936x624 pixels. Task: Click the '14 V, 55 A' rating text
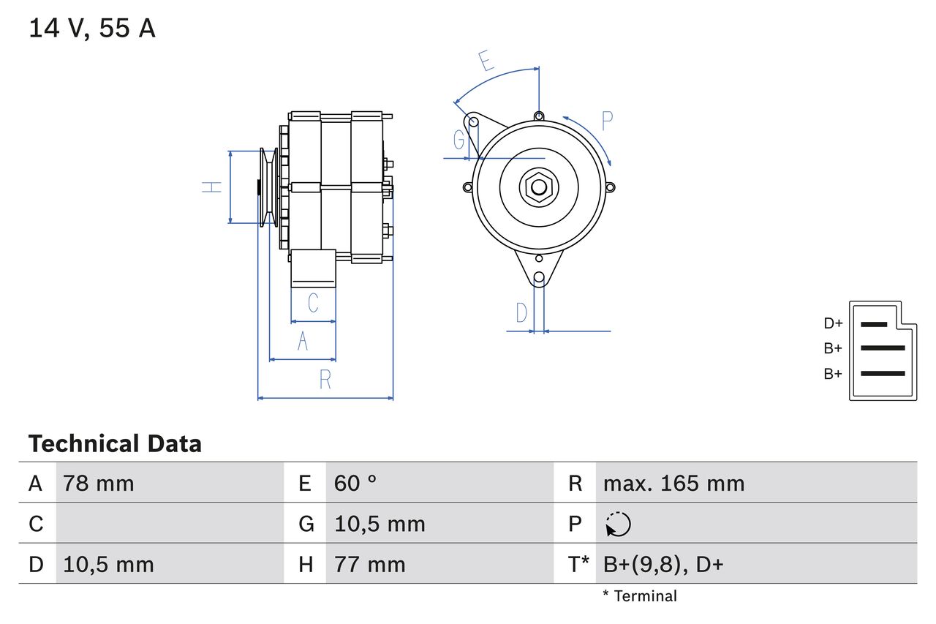[x=92, y=29]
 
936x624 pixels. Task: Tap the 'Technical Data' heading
[x=115, y=444]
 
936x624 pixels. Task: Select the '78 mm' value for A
[x=99, y=484]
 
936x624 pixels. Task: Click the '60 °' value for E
[x=355, y=484]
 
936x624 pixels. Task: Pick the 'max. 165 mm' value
[x=673, y=484]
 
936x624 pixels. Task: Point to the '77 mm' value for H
[x=369, y=565]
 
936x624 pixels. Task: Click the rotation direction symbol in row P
[x=618, y=525]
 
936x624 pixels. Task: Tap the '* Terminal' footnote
[x=640, y=596]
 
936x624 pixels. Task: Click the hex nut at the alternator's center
[x=539, y=187]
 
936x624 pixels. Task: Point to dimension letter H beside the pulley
[x=212, y=187]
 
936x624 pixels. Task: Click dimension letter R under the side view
[x=325, y=380]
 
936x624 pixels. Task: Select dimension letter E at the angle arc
[x=486, y=61]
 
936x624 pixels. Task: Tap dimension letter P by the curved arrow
[x=607, y=120]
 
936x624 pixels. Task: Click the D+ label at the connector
[x=833, y=323]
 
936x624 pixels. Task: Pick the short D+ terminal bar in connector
[x=874, y=323]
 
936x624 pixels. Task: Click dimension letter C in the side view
[x=313, y=303]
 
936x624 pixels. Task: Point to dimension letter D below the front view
[x=521, y=312]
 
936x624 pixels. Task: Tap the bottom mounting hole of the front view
[x=539, y=277]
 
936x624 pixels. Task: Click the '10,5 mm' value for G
[x=380, y=525]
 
